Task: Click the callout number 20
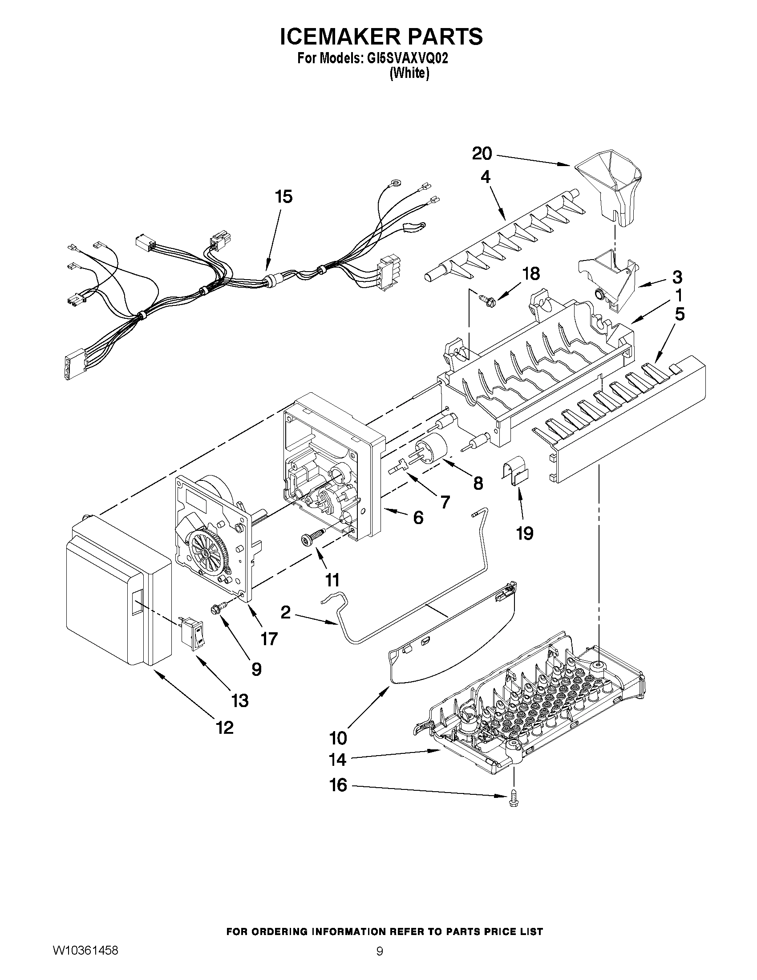tap(482, 154)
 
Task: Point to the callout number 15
tap(284, 196)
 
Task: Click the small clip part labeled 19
tap(514, 472)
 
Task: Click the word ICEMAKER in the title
tap(339, 37)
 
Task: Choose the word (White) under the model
tap(409, 74)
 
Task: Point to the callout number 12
tap(225, 728)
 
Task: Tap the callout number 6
tap(417, 518)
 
